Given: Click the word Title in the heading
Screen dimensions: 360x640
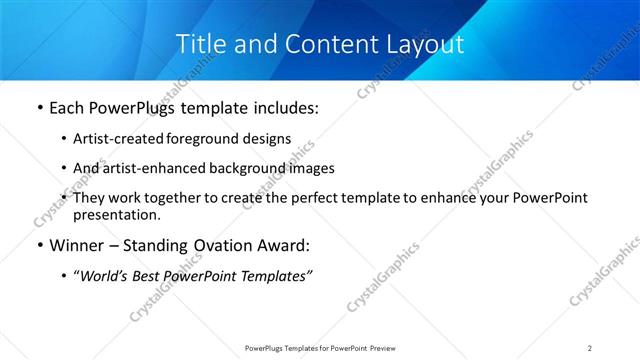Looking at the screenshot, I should pos(203,44).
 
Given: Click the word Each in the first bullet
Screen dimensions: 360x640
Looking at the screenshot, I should pos(68,108).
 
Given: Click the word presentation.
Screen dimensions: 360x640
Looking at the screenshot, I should pos(116,214).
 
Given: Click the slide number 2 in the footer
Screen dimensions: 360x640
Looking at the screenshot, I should pos(590,348).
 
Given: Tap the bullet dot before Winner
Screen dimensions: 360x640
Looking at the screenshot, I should pos(39,246).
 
